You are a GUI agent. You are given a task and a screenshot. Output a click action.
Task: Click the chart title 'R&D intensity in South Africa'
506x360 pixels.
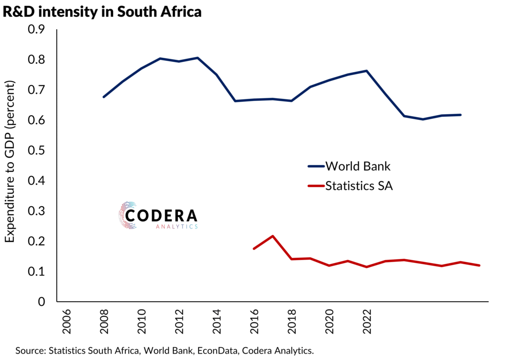click(103, 11)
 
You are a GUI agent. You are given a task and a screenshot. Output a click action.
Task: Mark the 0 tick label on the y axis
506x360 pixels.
click(42, 302)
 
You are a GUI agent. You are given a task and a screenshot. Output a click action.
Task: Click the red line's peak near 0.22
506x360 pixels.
click(273, 236)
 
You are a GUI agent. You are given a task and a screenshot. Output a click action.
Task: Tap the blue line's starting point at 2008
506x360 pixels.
click(103, 97)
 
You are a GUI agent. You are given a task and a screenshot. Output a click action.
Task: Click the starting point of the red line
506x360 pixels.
click(253, 248)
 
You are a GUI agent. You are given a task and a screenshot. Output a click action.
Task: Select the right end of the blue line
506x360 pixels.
click(461, 115)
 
